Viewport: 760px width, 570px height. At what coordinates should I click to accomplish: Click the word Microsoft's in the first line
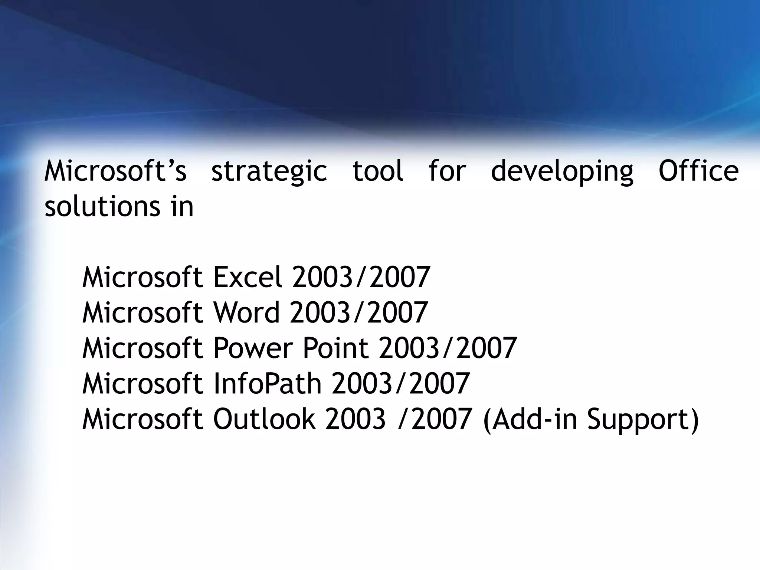pyautogui.click(x=115, y=171)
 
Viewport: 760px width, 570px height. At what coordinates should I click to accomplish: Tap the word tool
pyautogui.click(x=377, y=171)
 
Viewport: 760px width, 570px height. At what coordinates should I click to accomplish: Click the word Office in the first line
pyautogui.click(x=698, y=171)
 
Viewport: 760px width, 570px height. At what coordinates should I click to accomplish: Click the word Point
pyautogui.click(x=335, y=348)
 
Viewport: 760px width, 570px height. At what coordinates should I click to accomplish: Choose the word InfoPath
pyautogui.click(x=267, y=384)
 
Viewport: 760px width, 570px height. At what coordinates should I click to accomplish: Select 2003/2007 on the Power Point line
pyautogui.click(x=448, y=348)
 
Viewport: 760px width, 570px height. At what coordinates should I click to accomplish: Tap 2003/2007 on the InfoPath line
pyautogui.click(x=401, y=384)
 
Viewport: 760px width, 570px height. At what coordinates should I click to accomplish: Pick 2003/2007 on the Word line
pyautogui.click(x=359, y=312)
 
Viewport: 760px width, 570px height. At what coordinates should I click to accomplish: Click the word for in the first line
pyautogui.click(x=447, y=171)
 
